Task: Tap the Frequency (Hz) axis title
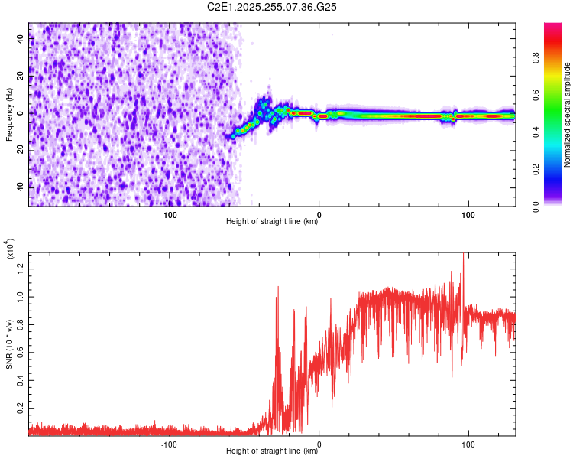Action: [x=10, y=115]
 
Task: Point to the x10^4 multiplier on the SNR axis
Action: [x=10, y=250]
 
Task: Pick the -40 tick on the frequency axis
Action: [x=21, y=187]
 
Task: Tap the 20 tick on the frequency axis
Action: [x=21, y=76]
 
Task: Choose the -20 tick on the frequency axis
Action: [x=21, y=150]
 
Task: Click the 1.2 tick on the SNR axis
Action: [x=21, y=268]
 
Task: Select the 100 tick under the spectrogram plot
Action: [x=468, y=215]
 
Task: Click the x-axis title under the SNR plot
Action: [x=272, y=451]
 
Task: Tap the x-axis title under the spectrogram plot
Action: [x=272, y=222]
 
